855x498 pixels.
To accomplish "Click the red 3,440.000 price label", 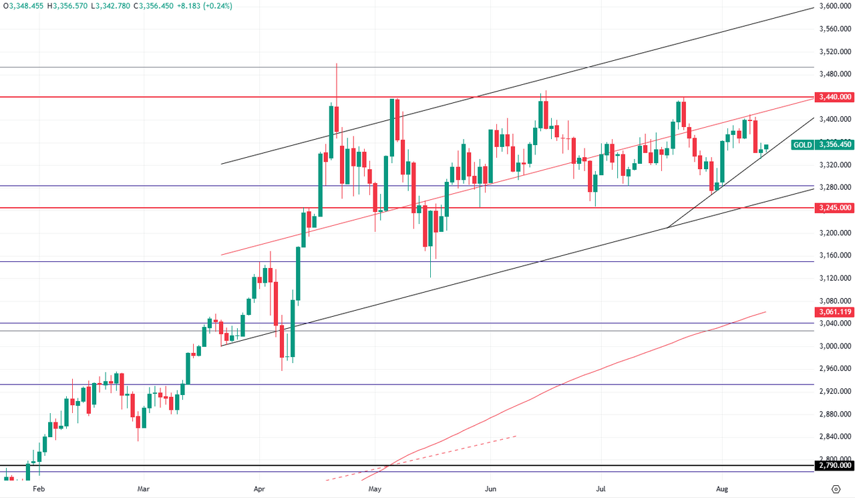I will [834, 97].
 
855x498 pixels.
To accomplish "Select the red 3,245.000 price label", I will [834, 208].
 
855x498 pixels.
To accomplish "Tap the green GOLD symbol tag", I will [803, 144].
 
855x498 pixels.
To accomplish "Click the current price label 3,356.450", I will [834, 144].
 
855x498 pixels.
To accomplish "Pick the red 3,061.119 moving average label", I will [834, 312].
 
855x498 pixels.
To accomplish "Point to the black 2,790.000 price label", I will [834, 465].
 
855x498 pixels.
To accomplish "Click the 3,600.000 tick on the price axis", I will [835, 7].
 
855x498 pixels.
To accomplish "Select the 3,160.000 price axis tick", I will [835, 255].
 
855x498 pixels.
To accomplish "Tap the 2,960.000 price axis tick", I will [835, 368].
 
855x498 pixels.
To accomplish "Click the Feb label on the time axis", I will [38, 489].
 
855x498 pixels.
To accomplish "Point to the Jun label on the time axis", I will [490, 489].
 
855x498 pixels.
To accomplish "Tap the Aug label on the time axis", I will [721, 489].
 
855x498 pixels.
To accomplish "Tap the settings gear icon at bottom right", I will [836, 489].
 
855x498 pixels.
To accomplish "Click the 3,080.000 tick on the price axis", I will [835, 301].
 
